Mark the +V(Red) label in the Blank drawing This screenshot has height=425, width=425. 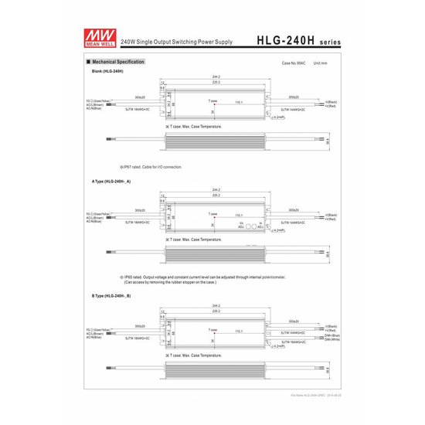(331, 106)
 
